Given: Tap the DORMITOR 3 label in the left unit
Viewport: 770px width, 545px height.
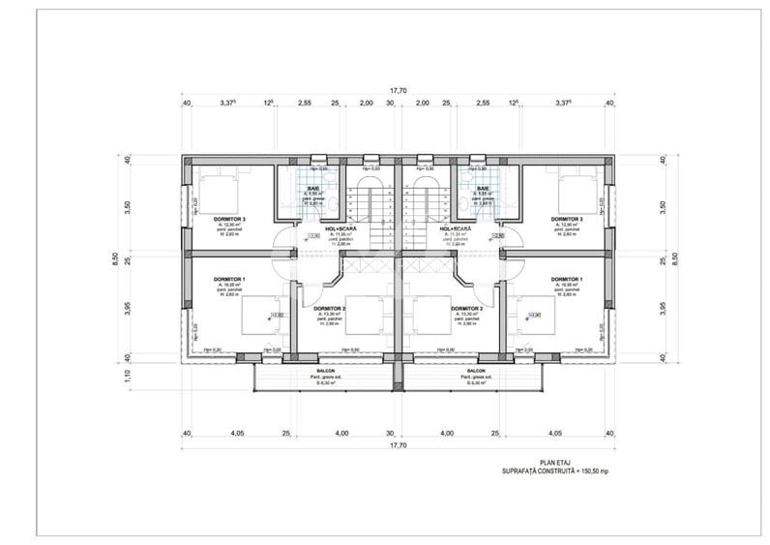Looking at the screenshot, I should click(229, 220).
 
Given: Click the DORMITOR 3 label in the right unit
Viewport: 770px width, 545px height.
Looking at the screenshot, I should click(567, 220).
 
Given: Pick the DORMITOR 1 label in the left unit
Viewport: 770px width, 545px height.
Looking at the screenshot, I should click(229, 280).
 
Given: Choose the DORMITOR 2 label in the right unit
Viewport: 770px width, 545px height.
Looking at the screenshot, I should click(466, 309).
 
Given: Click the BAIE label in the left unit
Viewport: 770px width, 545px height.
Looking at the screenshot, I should click(313, 189).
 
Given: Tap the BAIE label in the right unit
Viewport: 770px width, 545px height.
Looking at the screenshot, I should click(482, 189).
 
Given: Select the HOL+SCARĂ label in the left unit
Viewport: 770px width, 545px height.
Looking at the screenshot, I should click(341, 229).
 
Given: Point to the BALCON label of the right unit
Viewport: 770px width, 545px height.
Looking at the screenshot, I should click(475, 371).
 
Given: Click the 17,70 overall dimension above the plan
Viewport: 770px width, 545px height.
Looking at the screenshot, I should click(398, 90).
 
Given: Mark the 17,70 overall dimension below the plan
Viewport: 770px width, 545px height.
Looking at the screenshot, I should click(398, 447).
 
